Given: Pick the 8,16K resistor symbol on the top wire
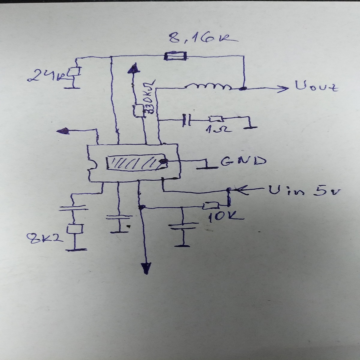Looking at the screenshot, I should [x=176, y=56].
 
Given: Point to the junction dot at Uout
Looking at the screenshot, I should [x=244, y=88].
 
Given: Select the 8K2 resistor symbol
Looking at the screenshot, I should [x=74, y=229].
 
